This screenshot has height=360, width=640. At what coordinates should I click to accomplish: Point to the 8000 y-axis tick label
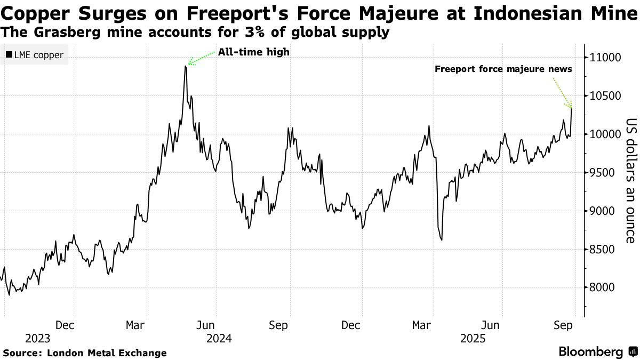pos(602,287)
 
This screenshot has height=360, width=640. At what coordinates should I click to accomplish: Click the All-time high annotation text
pos(253,52)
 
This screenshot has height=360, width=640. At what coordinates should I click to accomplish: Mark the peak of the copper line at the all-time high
pos(185,66)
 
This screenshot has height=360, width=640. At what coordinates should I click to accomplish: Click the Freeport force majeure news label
pos(503,69)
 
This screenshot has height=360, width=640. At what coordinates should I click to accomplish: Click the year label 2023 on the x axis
pos(37,338)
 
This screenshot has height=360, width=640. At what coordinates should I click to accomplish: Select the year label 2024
pos(219,338)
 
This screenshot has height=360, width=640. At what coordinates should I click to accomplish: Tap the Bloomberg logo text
pos(590,352)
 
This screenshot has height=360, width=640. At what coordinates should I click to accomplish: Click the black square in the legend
pos(9,55)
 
